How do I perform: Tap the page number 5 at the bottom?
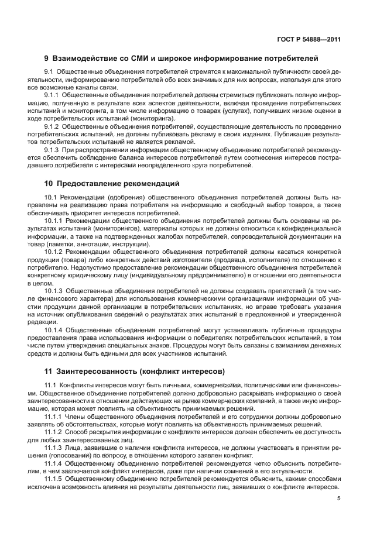pos(339,498)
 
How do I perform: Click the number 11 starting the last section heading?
pos(49,371)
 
